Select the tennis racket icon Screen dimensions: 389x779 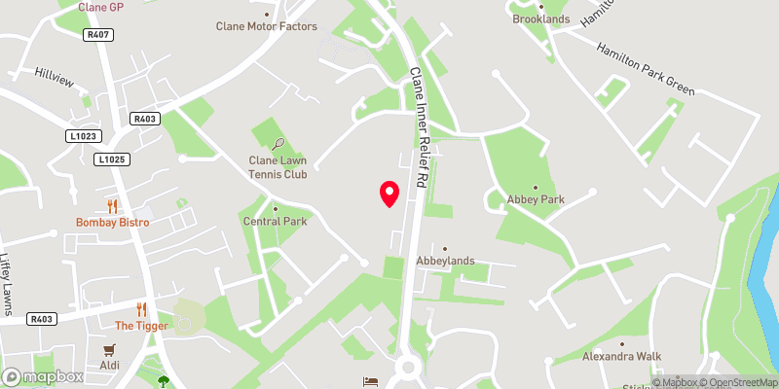tap(278, 144)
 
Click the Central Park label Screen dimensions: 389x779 tap(275, 222)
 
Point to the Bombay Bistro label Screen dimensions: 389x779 tap(110, 222)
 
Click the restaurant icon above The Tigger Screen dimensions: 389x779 tap(142, 309)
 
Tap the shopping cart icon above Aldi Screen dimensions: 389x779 tap(110, 349)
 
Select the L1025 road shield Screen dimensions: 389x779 tap(111, 159)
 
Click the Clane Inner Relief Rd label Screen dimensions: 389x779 tap(418, 126)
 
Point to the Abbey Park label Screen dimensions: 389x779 tap(536, 199)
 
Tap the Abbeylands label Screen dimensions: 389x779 tap(445, 260)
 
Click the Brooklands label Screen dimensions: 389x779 tap(540, 18)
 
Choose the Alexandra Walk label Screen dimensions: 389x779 tap(622, 356)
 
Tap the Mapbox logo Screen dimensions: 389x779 tap(43, 376)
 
